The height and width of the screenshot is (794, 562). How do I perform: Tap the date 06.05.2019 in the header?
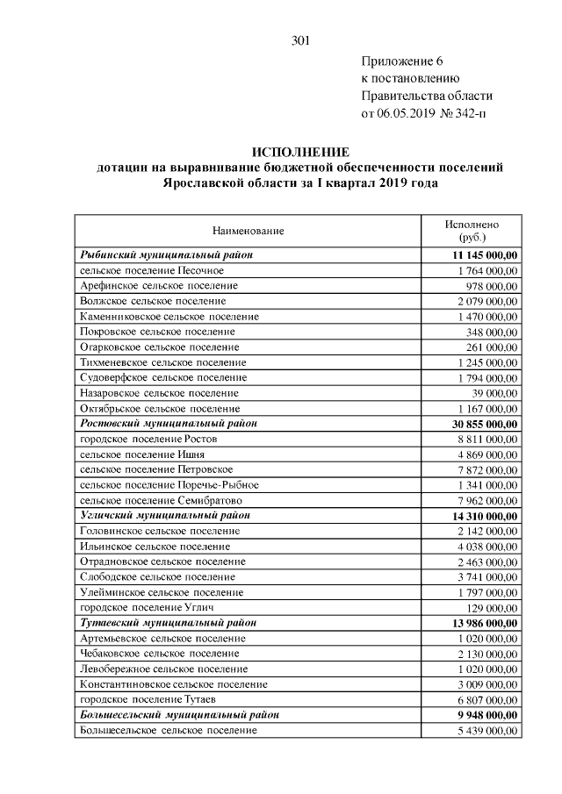click(x=407, y=114)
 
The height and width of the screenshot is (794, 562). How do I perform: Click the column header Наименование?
click(x=248, y=231)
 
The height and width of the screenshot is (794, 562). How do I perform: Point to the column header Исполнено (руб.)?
click(x=472, y=231)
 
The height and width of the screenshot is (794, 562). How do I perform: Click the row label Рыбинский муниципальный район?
click(x=166, y=254)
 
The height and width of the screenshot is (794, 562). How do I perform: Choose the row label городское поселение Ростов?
click(x=148, y=439)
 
